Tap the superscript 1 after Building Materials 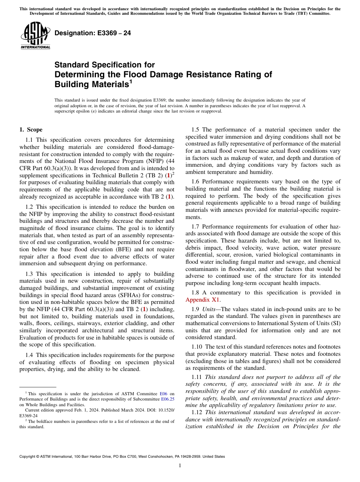tap(130, 81)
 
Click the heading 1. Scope tap(31, 130)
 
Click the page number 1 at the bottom tap(180, 466)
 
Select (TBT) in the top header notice tap(303, 13)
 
